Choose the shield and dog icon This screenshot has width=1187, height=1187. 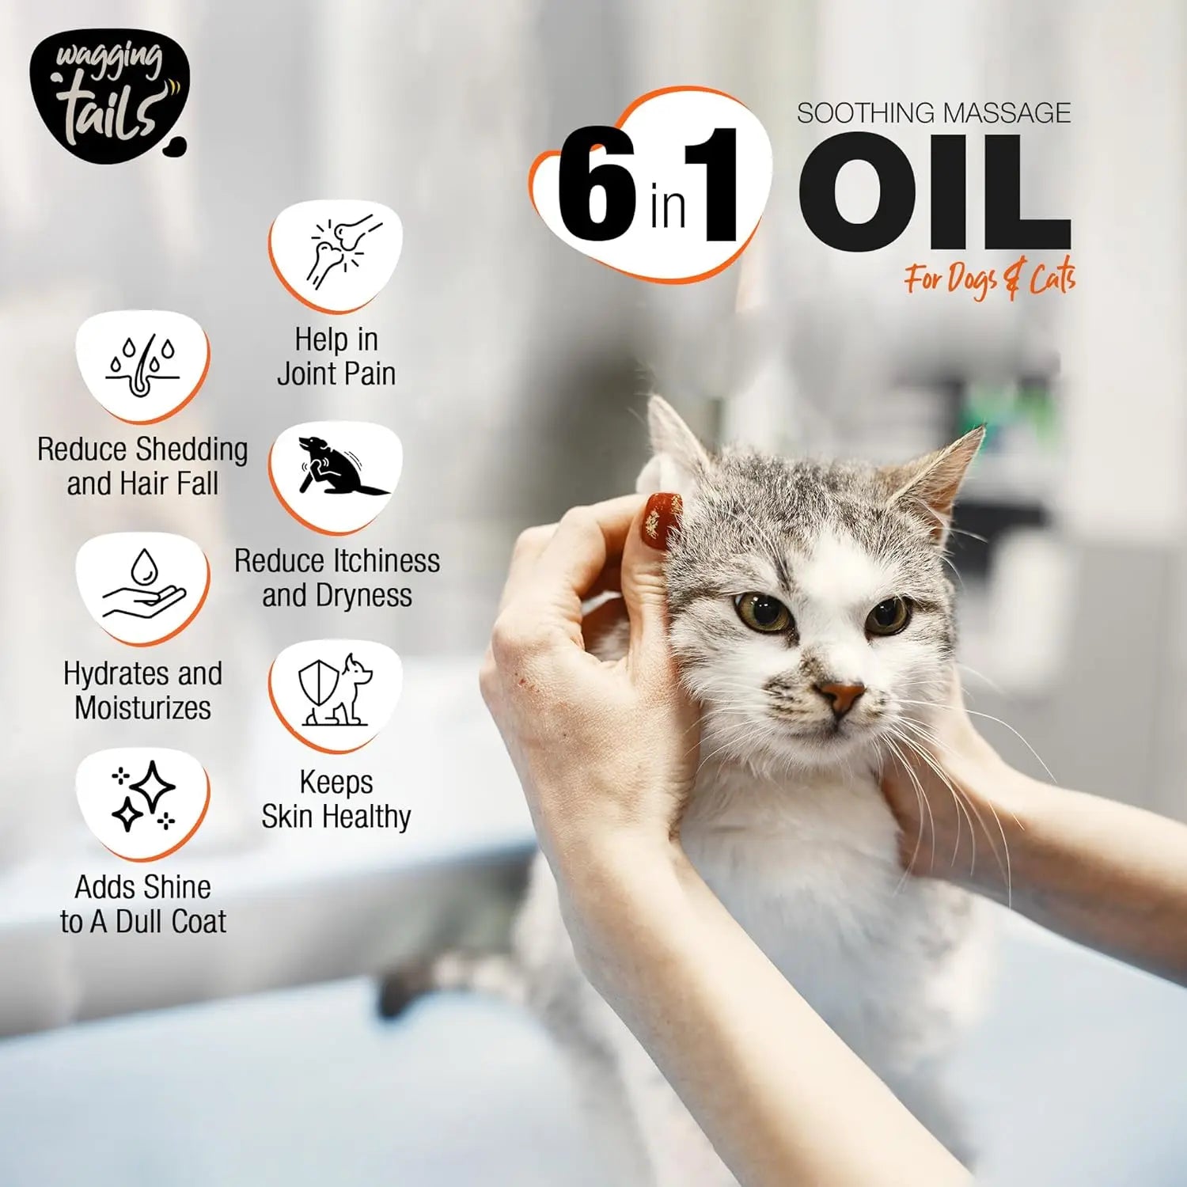(x=336, y=692)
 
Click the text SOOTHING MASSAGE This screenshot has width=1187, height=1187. (x=934, y=113)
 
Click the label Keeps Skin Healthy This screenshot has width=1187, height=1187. (x=336, y=799)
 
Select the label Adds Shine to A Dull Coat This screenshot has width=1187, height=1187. (x=142, y=904)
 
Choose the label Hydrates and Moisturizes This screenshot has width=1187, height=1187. (x=142, y=691)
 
